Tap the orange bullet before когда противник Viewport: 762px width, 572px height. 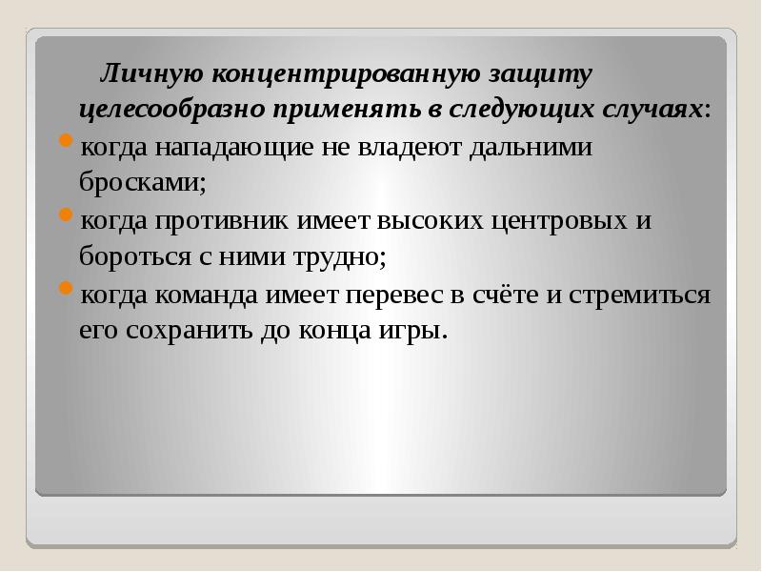(64, 218)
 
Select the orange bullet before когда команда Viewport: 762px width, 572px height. (64, 292)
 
